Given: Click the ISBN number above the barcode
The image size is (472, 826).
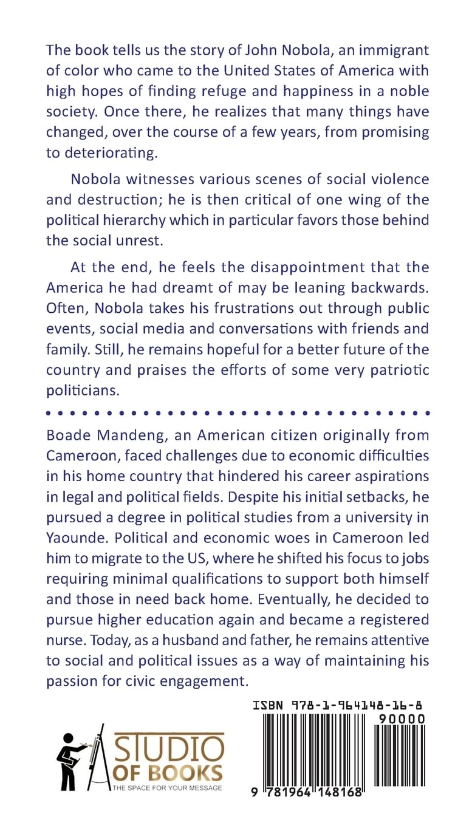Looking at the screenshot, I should coord(338,705).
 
